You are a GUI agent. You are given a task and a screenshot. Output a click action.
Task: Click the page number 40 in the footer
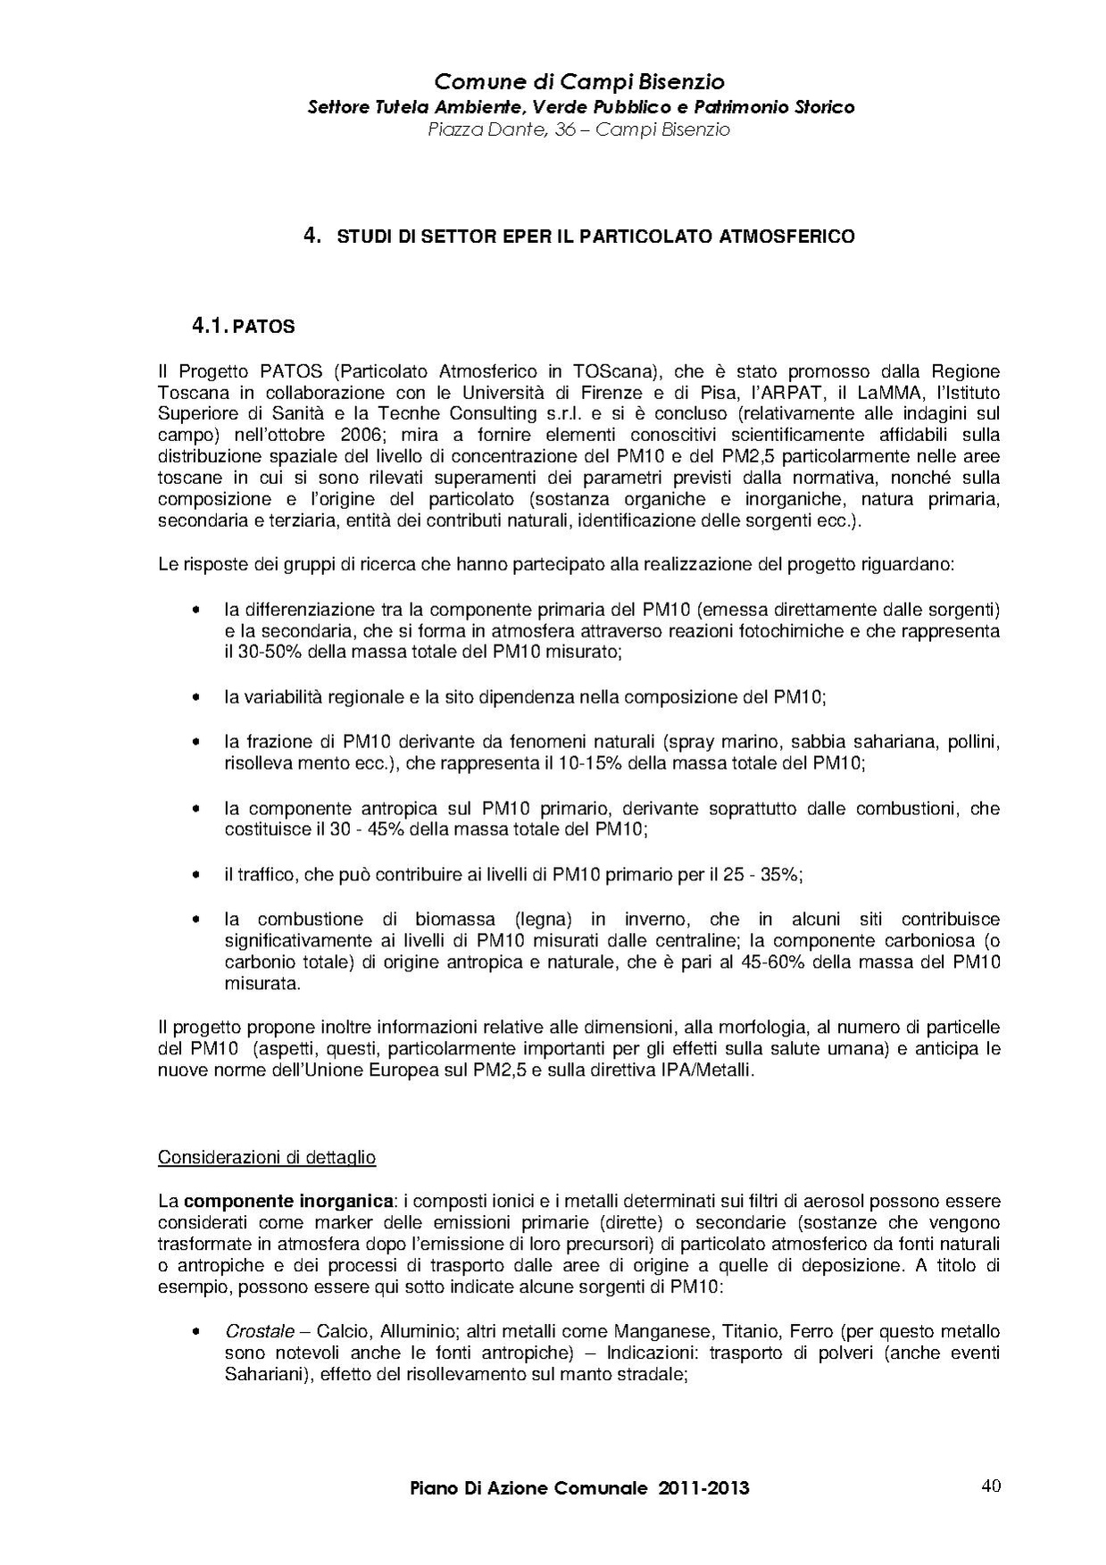point(990,1486)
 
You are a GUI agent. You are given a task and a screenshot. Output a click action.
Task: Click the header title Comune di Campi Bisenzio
point(579,82)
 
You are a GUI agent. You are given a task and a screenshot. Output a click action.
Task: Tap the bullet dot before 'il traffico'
point(195,875)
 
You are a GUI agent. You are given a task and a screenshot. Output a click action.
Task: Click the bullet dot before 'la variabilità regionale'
point(195,697)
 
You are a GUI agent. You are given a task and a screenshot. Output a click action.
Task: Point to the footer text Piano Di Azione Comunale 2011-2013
point(579,1488)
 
